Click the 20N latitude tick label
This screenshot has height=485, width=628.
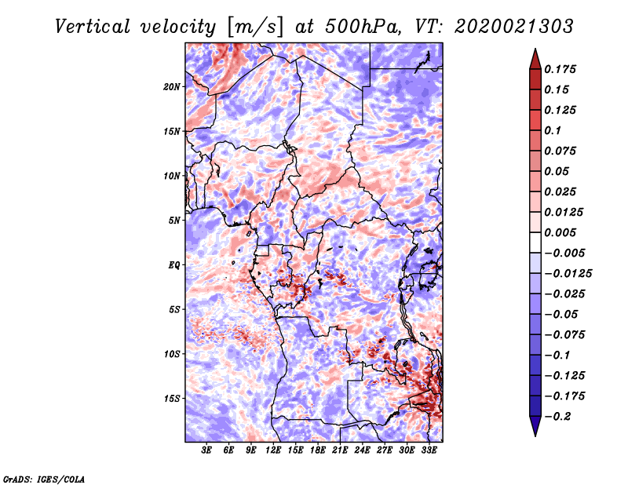(x=172, y=86)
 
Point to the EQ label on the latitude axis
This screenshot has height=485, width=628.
(x=174, y=264)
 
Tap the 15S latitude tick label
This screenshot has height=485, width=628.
(x=172, y=399)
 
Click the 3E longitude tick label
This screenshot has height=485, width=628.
(x=207, y=451)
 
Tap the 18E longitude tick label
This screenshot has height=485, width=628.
(x=319, y=451)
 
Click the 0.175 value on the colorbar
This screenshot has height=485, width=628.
(x=562, y=69)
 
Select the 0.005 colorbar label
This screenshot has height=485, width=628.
(x=562, y=232)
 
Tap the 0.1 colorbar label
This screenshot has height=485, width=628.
(x=553, y=130)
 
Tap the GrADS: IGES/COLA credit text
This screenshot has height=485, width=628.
(x=44, y=478)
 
